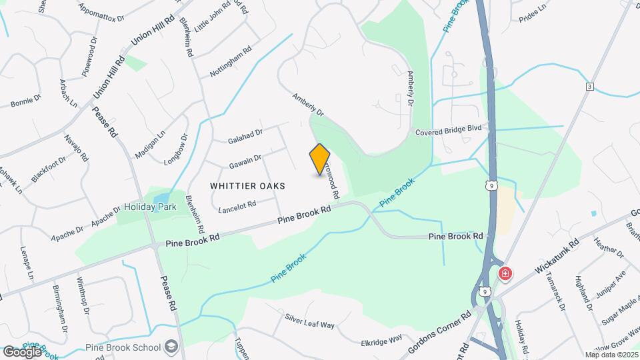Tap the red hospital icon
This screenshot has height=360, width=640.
(x=505, y=273)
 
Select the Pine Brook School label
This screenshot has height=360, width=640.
(x=123, y=347)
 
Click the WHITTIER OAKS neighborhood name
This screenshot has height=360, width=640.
(x=247, y=185)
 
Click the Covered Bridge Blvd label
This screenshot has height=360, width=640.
(x=448, y=132)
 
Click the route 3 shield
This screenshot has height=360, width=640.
(x=589, y=87)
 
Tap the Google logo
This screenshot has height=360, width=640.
(x=22, y=351)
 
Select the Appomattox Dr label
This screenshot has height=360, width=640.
(x=101, y=11)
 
